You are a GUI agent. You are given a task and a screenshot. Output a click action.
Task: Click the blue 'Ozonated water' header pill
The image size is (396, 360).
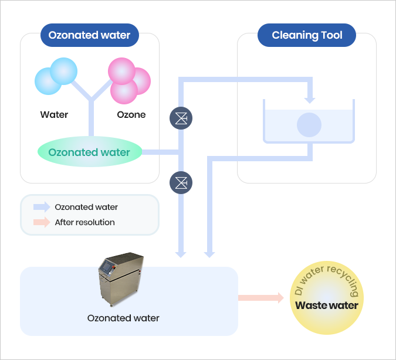coord(89,35)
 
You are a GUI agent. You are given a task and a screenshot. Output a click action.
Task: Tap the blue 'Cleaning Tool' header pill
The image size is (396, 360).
coord(307,35)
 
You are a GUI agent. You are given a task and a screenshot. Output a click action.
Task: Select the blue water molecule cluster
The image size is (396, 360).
coord(56,76)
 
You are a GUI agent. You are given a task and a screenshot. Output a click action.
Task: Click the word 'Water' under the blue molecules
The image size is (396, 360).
coord(54,114)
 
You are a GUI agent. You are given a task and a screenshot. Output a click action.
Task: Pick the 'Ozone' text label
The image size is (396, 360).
coord(131,114)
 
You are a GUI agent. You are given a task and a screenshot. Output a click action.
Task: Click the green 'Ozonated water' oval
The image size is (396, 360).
coord(89,152)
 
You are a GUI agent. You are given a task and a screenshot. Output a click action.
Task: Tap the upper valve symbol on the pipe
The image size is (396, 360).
coord(182,118)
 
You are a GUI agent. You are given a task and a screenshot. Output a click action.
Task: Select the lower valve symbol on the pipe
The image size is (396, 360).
coord(182,183)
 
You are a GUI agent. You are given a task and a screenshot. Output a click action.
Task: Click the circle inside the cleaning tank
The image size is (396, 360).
coord(309,124)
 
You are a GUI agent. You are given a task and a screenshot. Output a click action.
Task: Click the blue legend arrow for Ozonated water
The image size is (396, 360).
coord(42,207)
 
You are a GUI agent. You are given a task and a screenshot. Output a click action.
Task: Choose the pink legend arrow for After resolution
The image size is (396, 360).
coord(42,222)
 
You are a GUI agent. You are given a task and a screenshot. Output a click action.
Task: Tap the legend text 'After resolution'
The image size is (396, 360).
coord(84,222)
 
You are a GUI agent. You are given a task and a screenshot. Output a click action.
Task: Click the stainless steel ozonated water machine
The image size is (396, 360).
coord(121,280)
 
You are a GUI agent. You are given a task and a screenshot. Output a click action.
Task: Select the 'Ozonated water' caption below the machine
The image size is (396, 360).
coord(123,318)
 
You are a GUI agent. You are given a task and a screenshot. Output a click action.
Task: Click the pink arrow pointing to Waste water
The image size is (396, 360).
coord(260,298)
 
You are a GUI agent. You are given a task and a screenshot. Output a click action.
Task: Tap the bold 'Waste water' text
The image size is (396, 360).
coord(327,305)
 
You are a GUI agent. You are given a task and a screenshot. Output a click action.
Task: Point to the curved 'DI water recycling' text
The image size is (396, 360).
coord(327,280)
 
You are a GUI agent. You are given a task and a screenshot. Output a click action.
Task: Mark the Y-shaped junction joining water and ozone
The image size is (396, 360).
coord(92,103)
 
